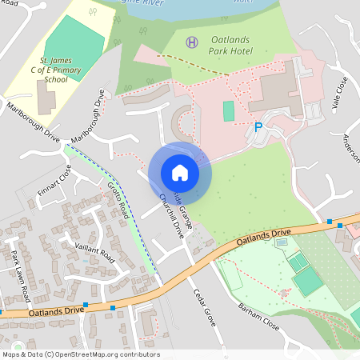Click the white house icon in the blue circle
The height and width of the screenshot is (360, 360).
tap(179, 172)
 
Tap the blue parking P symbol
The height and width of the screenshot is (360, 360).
tap(258, 126)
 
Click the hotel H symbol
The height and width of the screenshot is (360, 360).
tap(191, 42)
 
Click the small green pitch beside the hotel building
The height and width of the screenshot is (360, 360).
tap(229, 111)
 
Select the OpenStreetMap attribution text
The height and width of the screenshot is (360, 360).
tap(81, 354)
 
